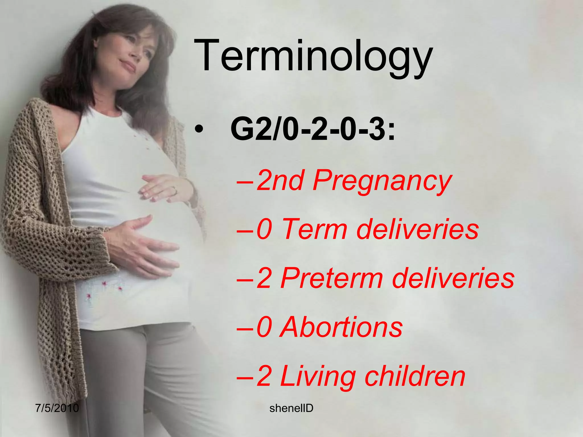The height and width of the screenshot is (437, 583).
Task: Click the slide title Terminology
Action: coord(313,57)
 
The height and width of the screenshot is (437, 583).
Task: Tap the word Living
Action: coord(318,377)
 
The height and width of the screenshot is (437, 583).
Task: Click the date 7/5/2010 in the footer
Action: coord(57,408)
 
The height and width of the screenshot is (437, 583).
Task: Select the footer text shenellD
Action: coord(291,408)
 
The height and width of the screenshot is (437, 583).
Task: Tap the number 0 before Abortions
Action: coord(264,327)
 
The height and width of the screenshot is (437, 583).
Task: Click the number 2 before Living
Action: coord(264,377)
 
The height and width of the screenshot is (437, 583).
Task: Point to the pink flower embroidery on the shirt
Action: coord(104,283)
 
